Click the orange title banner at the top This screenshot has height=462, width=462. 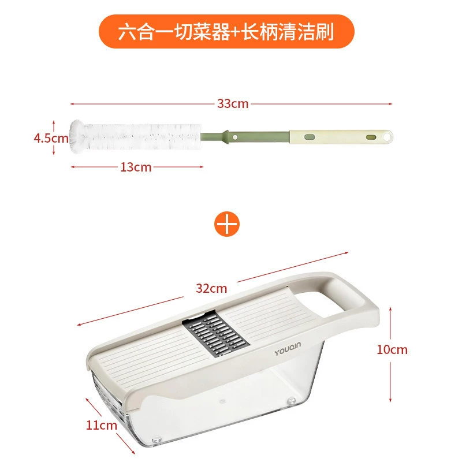(226, 32)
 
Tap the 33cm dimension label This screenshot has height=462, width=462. (233, 104)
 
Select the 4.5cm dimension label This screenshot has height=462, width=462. (51, 138)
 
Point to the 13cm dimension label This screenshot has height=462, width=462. (136, 167)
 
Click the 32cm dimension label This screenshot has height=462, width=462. (211, 288)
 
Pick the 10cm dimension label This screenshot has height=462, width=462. (392, 349)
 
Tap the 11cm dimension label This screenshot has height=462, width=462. (102, 425)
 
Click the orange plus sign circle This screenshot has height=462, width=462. (226, 224)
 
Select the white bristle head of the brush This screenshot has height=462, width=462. (136, 137)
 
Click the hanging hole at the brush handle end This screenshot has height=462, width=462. (387, 137)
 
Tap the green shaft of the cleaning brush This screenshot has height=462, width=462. (245, 137)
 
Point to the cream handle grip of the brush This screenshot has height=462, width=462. (341, 137)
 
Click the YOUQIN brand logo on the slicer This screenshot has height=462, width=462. (288, 349)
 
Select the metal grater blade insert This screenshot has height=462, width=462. (215, 334)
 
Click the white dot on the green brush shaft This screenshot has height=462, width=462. (235, 137)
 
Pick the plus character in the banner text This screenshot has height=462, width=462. (236, 32)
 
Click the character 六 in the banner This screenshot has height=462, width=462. (128, 32)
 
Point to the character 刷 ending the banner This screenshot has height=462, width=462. (325, 32)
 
